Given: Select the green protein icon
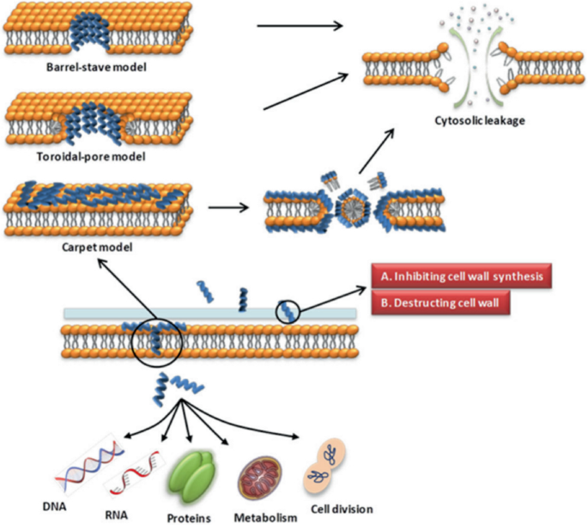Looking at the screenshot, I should [193, 472].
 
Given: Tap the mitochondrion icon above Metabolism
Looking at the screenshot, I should [258, 476].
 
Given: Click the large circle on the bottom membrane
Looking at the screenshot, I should [155, 343].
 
